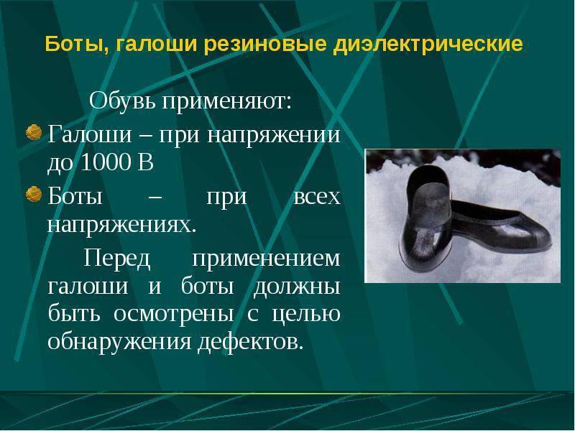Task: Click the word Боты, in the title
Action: point(70,45)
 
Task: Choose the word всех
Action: point(318,196)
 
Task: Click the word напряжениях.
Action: point(121,225)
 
